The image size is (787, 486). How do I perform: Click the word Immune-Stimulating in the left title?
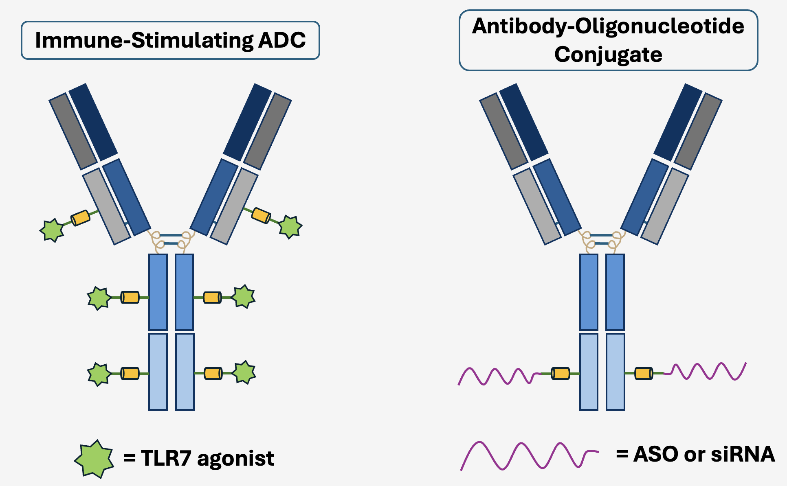[x=144, y=40]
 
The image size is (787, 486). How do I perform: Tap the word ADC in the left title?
[x=282, y=40]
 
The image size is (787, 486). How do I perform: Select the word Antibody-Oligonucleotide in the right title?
[x=608, y=26]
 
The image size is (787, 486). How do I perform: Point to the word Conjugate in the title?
[x=608, y=55]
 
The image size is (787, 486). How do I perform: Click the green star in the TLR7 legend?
[x=94, y=459]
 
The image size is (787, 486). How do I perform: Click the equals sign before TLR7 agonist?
[x=130, y=458]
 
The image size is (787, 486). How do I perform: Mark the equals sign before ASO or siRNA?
[x=622, y=454]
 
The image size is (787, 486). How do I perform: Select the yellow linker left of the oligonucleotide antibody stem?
[x=560, y=373]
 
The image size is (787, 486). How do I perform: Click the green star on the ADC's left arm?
[x=52, y=230]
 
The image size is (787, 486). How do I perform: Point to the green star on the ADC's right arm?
[x=290, y=226]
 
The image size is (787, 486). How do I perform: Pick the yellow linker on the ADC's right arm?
[x=261, y=215]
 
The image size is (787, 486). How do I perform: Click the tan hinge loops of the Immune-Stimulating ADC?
[x=171, y=241]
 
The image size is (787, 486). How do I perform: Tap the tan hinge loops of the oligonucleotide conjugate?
[x=602, y=241]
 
